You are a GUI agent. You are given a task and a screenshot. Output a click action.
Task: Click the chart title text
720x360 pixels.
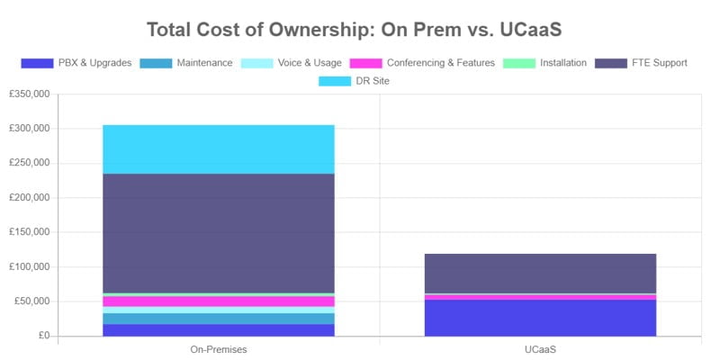[360, 30]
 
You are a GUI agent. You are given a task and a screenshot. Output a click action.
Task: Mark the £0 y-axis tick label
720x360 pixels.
[42, 336]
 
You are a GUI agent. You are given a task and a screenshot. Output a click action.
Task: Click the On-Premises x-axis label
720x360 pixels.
[219, 348]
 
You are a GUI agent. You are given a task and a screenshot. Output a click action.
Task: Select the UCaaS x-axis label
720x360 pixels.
[540, 348]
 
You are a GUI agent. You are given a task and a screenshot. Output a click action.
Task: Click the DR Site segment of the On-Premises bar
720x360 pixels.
[219, 149]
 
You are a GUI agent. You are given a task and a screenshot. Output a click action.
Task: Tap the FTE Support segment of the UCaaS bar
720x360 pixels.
[540, 274]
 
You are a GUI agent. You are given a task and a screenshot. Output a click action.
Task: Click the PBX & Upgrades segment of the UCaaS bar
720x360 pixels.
[540, 318]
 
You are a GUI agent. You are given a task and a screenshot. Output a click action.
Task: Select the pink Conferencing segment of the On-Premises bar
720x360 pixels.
[219, 301]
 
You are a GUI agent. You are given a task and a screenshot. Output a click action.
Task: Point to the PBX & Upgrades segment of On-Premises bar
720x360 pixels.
[219, 330]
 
